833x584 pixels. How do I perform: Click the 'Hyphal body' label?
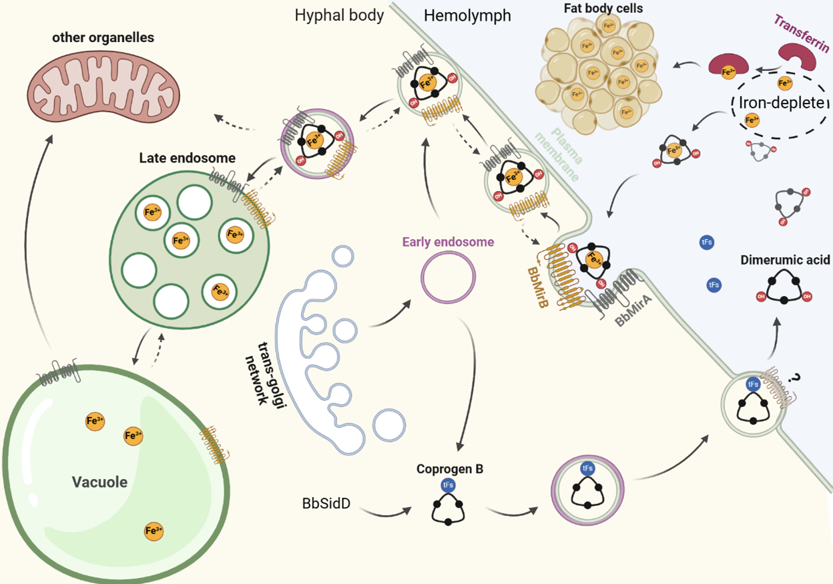(x=339, y=15)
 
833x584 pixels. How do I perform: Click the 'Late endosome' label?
(x=188, y=158)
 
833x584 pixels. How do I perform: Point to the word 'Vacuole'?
(x=100, y=481)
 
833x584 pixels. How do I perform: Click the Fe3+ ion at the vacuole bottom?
(x=153, y=531)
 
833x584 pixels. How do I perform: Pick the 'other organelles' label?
(x=103, y=37)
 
